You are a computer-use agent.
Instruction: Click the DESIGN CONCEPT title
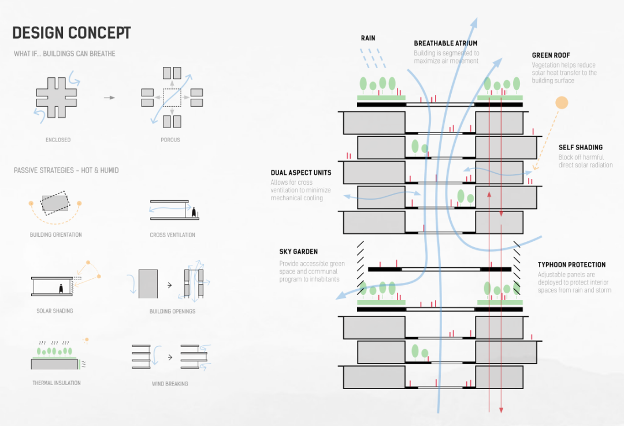pos(72,32)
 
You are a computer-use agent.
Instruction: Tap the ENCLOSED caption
pos(58,140)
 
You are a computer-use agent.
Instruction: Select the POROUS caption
pos(170,140)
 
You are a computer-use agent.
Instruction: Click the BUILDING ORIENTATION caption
pos(56,235)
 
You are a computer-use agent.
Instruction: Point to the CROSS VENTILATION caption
pos(172,235)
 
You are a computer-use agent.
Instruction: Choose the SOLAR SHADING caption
pos(55,311)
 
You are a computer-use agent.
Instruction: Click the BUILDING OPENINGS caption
pos(172,311)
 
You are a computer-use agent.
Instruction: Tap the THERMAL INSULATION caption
pos(56,383)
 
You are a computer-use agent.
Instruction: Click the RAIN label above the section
pos(368,38)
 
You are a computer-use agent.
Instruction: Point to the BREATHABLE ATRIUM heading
pos(445,43)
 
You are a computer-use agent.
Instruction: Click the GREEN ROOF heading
pos(551,55)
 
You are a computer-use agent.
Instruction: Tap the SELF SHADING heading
pos(580,148)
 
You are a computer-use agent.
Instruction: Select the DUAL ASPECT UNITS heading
pos(300,173)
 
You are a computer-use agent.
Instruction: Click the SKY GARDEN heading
pos(298,252)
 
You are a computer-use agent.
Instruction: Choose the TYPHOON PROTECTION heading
pos(571,265)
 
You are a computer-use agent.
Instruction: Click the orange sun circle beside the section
pos(561,103)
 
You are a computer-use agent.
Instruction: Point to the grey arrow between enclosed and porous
pos(109,98)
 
